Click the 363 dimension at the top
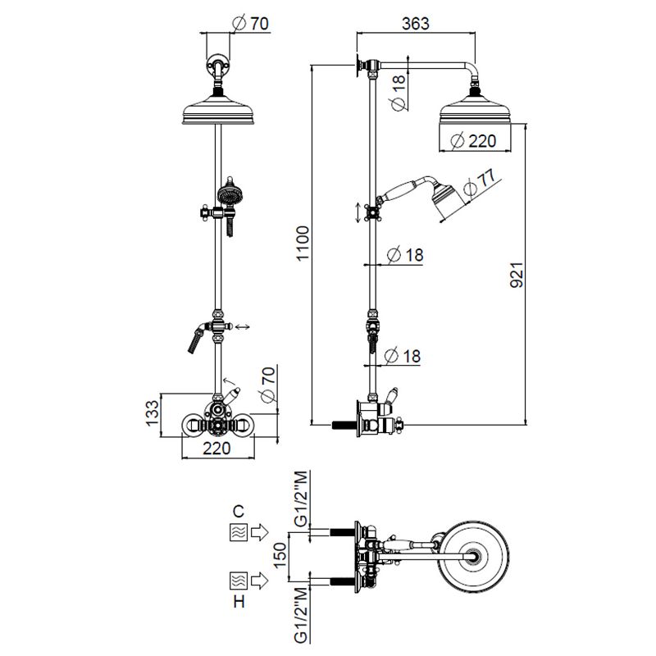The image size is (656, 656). (x=416, y=24)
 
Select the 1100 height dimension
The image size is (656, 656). (x=303, y=244)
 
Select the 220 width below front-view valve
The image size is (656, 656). (x=216, y=449)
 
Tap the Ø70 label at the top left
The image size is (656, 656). (x=250, y=24)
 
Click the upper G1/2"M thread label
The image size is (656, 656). (x=302, y=499)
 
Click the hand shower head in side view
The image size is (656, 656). (x=448, y=195)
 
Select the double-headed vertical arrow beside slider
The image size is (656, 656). (x=358, y=212)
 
